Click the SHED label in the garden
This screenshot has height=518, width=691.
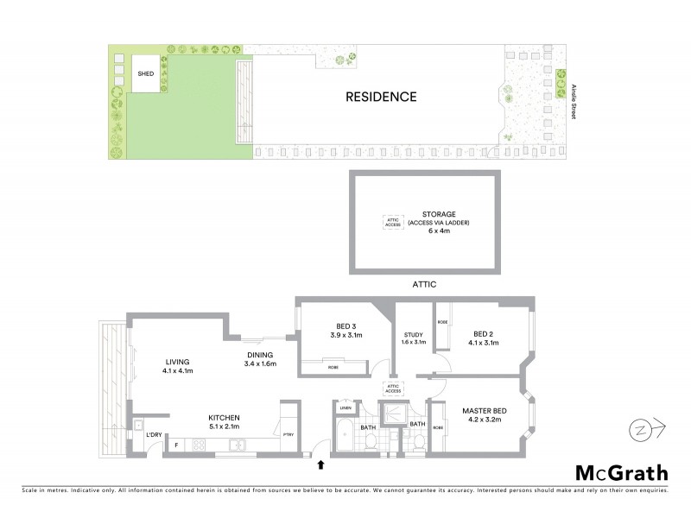coord(146,74)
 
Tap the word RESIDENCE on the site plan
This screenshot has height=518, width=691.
coord(381,97)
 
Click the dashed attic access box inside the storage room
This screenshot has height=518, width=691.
coord(393,222)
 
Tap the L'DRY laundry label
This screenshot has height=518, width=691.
coord(155,434)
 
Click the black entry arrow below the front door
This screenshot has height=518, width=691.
coord(321,464)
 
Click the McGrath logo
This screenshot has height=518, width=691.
coord(621,472)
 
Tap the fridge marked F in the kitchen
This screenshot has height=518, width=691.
coord(176,445)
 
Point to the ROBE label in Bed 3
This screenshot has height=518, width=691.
coord(333,367)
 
